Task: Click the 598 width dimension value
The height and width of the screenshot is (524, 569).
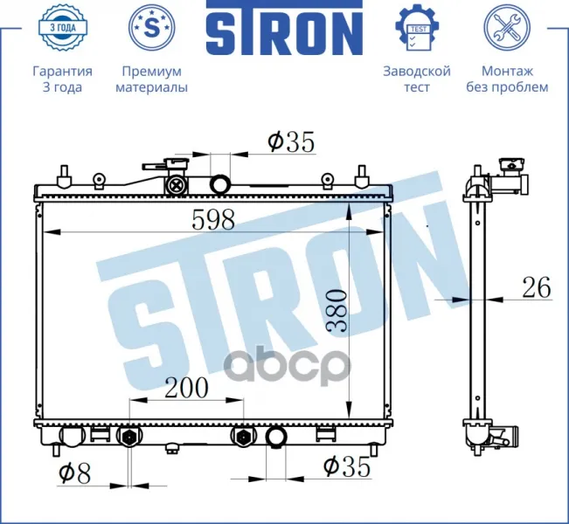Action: (x=213, y=220)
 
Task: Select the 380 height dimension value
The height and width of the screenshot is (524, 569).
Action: (x=337, y=310)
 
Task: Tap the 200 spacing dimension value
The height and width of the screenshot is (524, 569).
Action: (x=186, y=387)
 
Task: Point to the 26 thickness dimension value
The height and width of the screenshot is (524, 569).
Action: (x=537, y=287)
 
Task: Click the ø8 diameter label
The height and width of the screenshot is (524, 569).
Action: (x=74, y=473)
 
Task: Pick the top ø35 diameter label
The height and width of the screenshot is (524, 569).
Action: (x=291, y=141)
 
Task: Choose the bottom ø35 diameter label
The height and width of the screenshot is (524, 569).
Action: (x=346, y=466)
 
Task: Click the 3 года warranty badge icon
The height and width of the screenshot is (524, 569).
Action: (x=62, y=27)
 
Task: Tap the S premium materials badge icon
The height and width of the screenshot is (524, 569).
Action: (x=152, y=27)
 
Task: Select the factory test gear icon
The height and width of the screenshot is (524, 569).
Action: (x=417, y=27)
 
